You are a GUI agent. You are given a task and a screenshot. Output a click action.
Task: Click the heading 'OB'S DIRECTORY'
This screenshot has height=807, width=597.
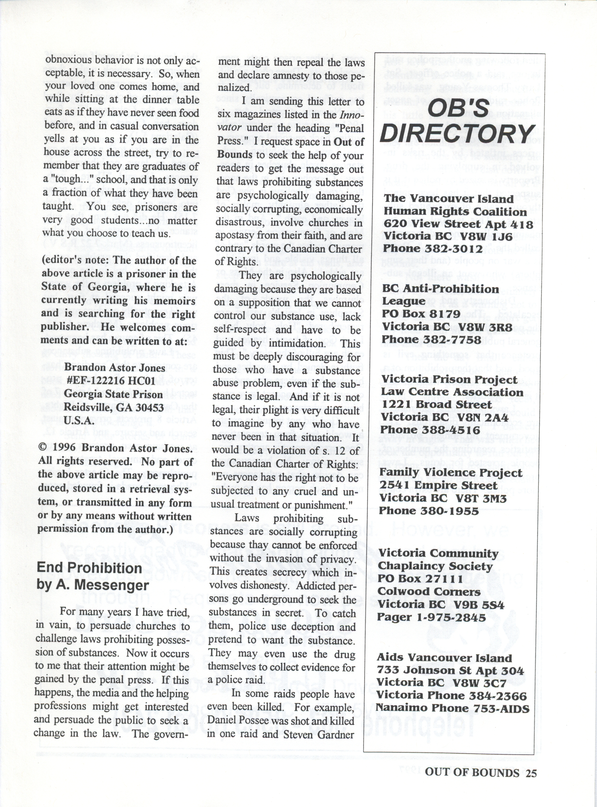tap(457, 121)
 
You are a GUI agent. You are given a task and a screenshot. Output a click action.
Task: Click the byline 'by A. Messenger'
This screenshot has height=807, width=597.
tap(93, 585)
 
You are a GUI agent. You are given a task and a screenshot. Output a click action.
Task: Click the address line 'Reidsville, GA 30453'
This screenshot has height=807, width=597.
tap(114, 407)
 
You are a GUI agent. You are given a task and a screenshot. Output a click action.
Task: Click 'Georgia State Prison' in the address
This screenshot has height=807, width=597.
tap(113, 394)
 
